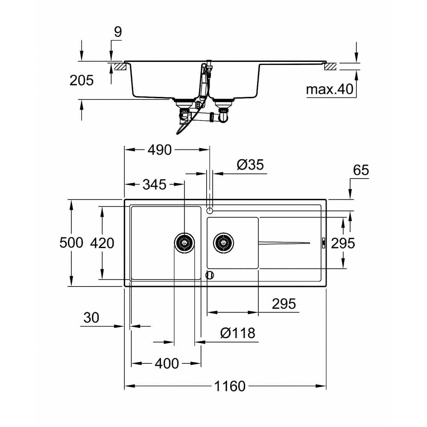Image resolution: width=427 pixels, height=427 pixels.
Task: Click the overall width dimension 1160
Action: point(230,386)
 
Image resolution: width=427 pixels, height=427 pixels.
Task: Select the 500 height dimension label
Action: point(71,243)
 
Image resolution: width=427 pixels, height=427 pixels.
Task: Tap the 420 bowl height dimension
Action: point(102,243)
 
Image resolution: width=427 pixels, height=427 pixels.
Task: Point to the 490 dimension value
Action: point(159,150)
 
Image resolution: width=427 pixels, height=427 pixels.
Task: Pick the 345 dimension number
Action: point(154,184)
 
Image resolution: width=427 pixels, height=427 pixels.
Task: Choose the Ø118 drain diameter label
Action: point(238,333)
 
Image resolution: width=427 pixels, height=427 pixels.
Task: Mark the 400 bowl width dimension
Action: point(167,363)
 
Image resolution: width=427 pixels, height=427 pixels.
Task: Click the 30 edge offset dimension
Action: point(91,318)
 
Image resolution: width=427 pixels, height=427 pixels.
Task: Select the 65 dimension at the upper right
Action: point(361,170)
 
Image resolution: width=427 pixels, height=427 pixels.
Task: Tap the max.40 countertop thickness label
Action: point(330,90)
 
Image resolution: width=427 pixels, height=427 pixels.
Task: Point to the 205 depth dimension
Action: point(81,80)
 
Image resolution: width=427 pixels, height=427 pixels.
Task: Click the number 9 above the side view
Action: point(118,32)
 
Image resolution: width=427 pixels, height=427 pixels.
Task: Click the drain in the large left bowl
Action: point(185,243)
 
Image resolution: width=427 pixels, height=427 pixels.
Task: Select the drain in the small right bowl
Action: point(224,243)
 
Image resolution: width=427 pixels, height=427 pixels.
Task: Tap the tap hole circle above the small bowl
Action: point(210,211)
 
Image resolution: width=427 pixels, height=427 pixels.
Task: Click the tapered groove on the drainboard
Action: point(284,243)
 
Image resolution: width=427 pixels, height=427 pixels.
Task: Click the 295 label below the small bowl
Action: point(284,304)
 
